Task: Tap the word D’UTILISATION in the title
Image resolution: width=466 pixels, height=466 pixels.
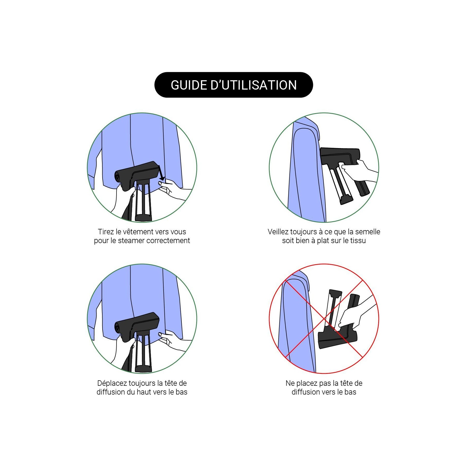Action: click(254, 85)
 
